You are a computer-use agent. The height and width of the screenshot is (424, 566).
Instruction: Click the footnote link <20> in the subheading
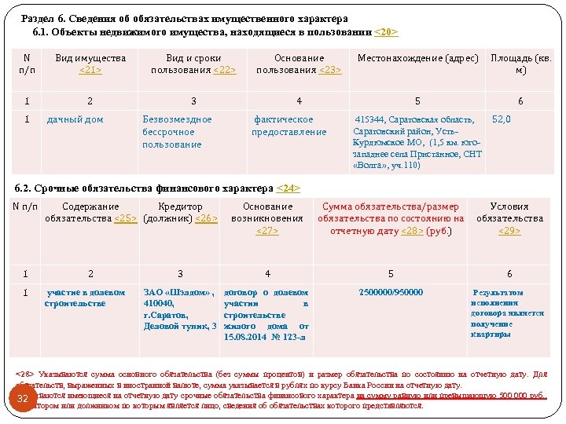click(x=385, y=32)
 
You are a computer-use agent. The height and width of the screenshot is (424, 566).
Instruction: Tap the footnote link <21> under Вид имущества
click(x=90, y=70)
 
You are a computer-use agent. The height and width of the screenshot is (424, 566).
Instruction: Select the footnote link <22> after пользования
click(x=224, y=70)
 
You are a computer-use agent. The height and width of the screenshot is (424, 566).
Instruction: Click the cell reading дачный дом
click(x=75, y=119)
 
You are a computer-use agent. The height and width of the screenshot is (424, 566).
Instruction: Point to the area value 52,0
click(x=501, y=119)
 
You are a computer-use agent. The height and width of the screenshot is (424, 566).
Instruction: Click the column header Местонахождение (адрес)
click(x=417, y=59)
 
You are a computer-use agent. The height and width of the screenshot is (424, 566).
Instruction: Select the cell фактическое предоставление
click(x=289, y=126)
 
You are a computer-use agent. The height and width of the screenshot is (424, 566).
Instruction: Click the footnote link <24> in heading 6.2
click(x=289, y=188)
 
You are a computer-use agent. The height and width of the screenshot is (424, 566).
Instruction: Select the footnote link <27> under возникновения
click(x=267, y=230)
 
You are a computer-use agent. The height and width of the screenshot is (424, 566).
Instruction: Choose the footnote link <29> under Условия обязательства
click(x=509, y=230)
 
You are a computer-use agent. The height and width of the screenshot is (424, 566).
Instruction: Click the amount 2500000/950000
click(x=391, y=293)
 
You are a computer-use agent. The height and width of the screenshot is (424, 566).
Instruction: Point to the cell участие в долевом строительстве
click(x=85, y=298)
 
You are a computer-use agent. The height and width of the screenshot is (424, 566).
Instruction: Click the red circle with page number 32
click(x=23, y=400)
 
